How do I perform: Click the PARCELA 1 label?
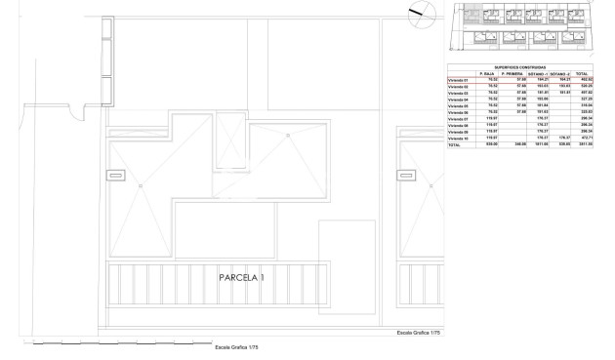pos(241,278)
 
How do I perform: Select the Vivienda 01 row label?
pos(458,79)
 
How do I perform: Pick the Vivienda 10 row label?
pos(458,138)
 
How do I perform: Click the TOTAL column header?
pos(582,73)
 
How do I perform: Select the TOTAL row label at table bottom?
pos(454,144)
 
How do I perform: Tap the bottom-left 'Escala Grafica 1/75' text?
pos(236,347)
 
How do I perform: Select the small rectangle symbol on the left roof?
pos(116,175)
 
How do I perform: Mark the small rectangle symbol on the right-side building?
pos(404,175)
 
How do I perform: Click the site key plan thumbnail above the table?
pos(521,26)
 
